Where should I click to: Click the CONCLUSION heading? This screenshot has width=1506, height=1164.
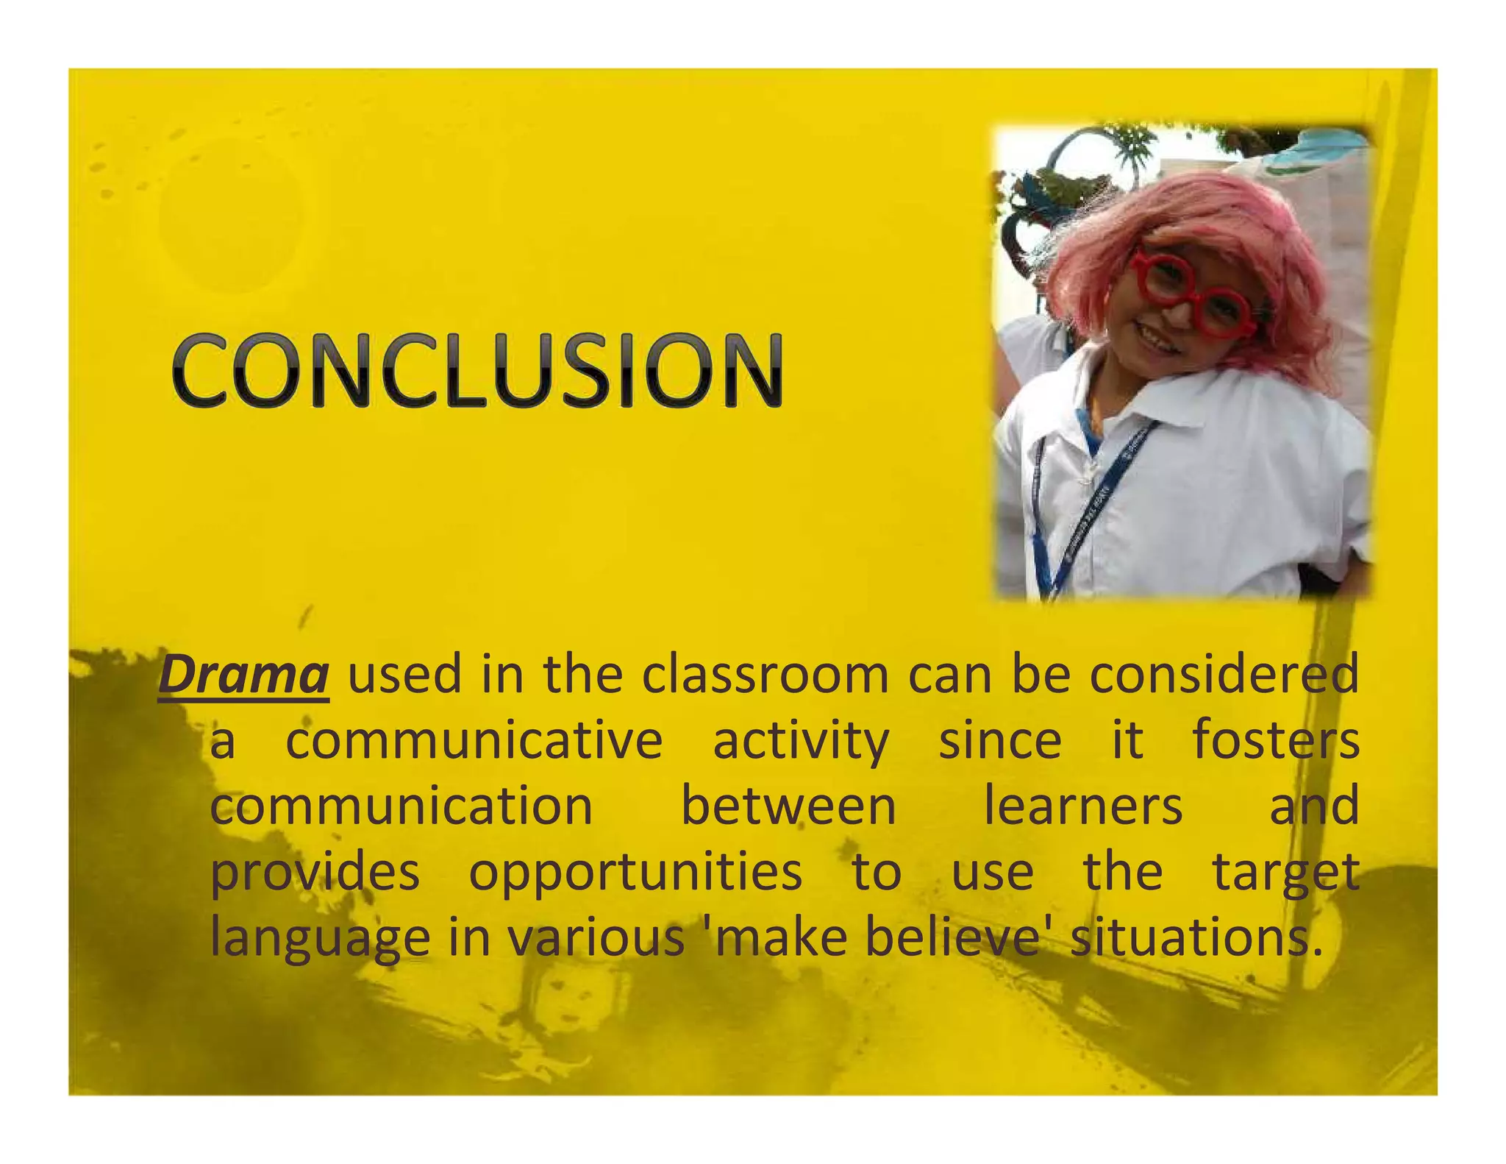pyautogui.click(x=478, y=370)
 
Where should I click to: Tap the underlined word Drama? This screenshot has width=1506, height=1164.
pyautogui.click(x=243, y=675)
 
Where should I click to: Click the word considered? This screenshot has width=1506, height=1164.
pyautogui.click(x=1224, y=675)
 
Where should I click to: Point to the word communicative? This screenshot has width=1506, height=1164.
pyautogui.click(x=474, y=742)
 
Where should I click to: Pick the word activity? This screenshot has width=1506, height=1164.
pyautogui.click(x=801, y=742)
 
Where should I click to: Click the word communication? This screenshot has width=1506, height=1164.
pyautogui.click(x=402, y=806)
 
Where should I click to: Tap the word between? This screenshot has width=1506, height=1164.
pyautogui.click(x=788, y=806)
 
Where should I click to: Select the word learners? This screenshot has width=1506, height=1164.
pyautogui.click(x=1083, y=806)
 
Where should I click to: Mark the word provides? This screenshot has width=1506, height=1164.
pyautogui.click(x=315, y=873)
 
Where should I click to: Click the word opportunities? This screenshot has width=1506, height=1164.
pyautogui.click(x=635, y=873)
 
